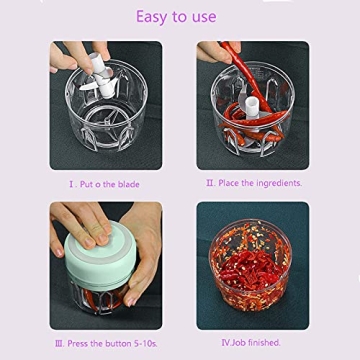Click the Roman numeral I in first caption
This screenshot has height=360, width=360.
(x=70, y=183)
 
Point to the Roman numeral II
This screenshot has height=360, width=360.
(x=209, y=183)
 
